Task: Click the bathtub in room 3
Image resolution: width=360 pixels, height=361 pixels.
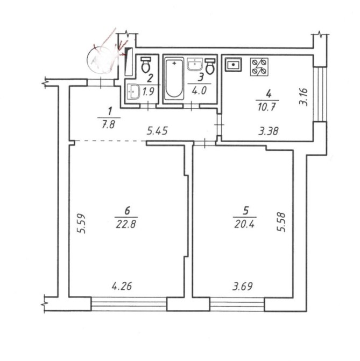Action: [174, 79]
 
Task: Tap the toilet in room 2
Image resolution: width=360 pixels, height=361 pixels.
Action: [145, 65]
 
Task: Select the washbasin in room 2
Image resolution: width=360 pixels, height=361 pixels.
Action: [133, 92]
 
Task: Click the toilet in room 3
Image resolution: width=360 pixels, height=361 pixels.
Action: [210, 66]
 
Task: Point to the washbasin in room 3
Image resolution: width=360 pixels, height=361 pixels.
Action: [195, 64]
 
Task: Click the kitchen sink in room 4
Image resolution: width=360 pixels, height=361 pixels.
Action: [234, 65]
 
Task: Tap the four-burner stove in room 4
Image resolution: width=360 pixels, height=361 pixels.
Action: [259, 67]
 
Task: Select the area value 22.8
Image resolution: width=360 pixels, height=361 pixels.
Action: [126, 224]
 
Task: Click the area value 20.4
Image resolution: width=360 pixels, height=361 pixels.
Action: [244, 224]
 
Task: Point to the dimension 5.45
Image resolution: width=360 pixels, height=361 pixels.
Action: [158, 131]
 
